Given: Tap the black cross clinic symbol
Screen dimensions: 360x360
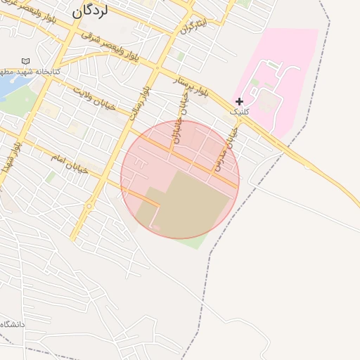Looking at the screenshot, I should coord(239,101).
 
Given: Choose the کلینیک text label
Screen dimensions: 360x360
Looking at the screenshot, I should coord(239,112).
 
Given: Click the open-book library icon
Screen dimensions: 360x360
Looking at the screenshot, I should coord(26,63).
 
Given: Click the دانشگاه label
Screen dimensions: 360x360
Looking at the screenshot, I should coord(13,325).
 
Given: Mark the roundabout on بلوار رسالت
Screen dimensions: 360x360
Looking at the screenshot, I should coord(89,206).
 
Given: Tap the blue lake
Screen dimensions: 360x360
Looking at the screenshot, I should coord(7,86).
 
